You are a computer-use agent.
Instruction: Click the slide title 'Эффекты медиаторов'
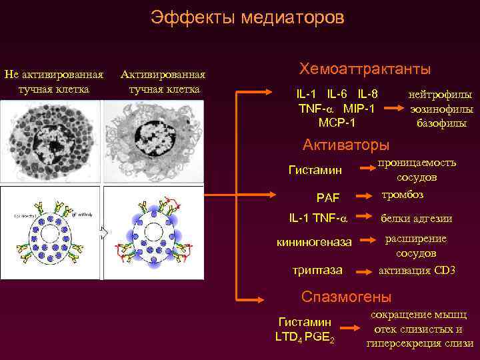click(x=247, y=17)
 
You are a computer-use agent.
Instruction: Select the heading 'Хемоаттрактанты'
click(x=365, y=69)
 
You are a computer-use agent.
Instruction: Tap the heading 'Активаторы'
click(x=346, y=145)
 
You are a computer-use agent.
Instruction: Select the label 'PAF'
click(x=328, y=197)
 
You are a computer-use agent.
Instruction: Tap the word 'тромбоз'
click(x=402, y=195)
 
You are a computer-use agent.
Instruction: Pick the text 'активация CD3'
click(x=417, y=270)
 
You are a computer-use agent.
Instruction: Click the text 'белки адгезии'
click(x=416, y=218)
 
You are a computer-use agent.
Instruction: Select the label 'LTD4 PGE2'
click(x=305, y=337)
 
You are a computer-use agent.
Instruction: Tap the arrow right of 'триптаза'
click(x=364, y=271)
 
